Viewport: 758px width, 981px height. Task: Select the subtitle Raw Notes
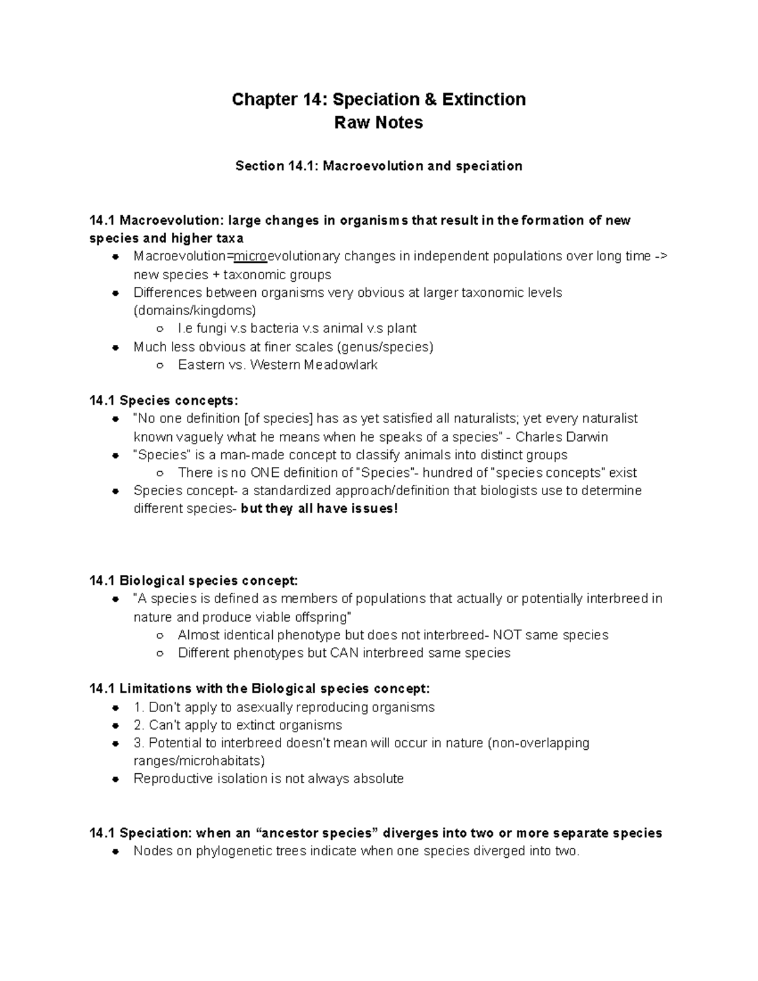[x=378, y=123]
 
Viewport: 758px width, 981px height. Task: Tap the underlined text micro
[x=251, y=256]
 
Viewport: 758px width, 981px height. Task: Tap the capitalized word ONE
[x=265, y=473]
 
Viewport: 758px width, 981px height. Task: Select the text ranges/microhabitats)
[x=199, y=761]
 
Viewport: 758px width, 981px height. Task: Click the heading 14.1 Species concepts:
[x=164, y=401]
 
